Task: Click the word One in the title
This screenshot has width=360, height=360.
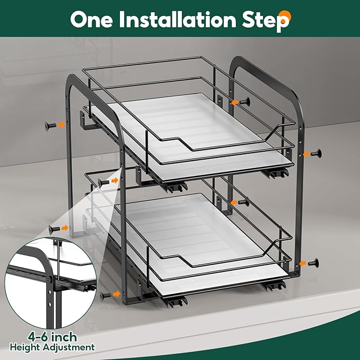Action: pos(91,20)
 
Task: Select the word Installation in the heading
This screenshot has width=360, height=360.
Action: pos(178,20)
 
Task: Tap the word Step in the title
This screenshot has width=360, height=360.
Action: pos(266,21)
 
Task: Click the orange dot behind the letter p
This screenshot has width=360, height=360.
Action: pos(286,16)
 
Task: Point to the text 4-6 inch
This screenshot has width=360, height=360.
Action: pos(52,337)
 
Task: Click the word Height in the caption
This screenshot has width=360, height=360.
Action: pos(25,347)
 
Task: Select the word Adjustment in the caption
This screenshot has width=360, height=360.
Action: pos(68,347)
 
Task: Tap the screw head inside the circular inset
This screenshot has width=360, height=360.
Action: pos(49,279)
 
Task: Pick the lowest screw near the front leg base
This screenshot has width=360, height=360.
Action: pos(106,296)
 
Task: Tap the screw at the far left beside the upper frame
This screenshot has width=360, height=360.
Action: pos(50,126)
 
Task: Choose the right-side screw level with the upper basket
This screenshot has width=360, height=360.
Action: pos(317,153)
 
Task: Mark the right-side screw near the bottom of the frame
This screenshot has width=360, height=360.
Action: pos(313,262)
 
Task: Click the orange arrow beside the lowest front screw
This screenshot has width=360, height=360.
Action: pos(117,294)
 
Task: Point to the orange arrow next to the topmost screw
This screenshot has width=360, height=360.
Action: pos(234,102)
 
